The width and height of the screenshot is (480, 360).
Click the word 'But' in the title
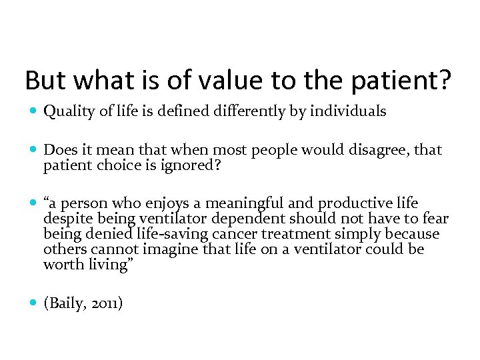45,81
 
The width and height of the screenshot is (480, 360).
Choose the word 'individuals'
349,111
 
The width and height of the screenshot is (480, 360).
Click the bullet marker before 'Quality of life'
33,112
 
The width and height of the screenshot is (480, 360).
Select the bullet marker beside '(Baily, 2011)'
33,304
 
